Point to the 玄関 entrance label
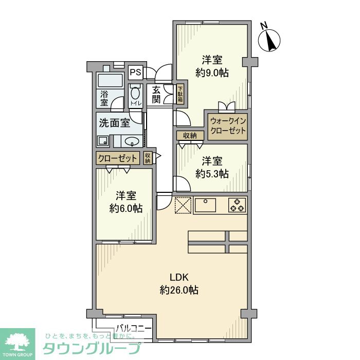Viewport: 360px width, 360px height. click(x=156, y=94)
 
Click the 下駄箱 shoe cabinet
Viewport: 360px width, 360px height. click(x=181, y=94)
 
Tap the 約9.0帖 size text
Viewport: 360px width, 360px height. click(x=212, y=73)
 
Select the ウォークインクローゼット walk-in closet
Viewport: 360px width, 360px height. click(x=228, y=126)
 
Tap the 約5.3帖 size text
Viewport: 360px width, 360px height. click(x=212, y=173)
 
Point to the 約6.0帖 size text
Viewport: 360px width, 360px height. click(x=125, y=208)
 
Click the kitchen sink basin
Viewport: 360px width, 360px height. click(x=207, y=205)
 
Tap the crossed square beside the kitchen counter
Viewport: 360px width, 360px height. click(x=183, y=205)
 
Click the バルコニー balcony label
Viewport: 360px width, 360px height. click(x=133, y=328)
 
